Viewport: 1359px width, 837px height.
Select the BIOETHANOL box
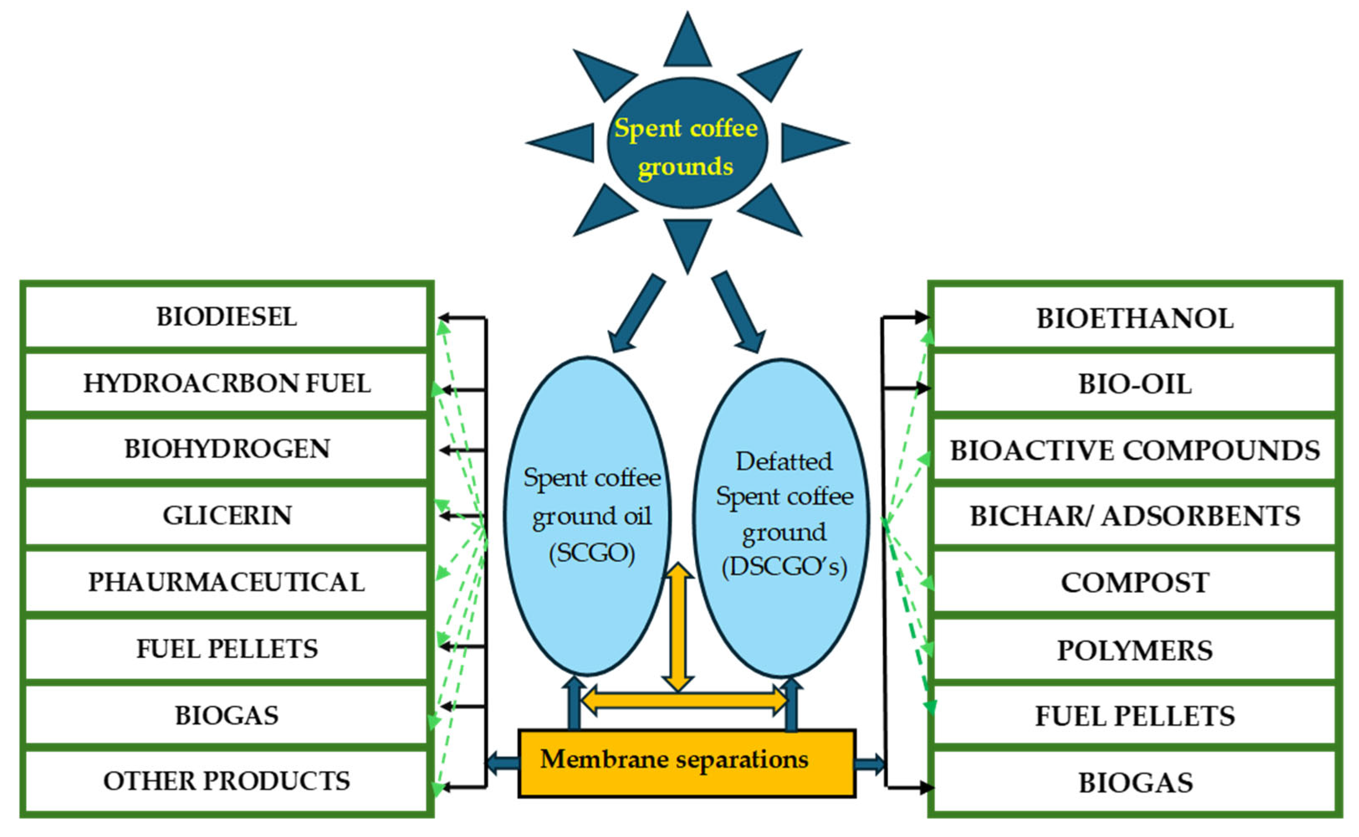1135,318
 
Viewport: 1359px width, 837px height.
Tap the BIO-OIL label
1135,384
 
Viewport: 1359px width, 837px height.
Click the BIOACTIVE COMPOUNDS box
1135,450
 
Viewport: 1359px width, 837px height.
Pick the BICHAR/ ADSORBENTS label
1135,516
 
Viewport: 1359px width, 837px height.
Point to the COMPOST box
1135,582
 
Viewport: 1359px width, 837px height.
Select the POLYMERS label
1135,650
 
